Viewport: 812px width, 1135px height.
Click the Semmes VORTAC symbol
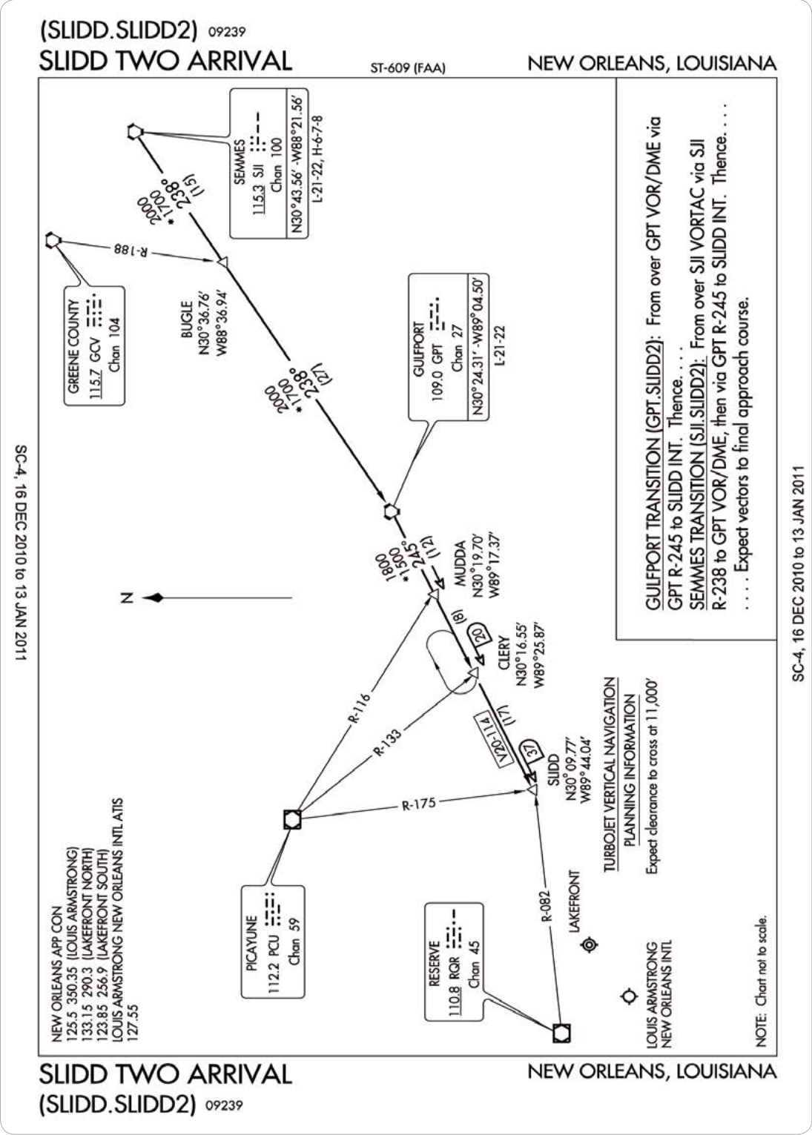tap(134, 132)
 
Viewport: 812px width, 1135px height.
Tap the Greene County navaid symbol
tap(52, 239)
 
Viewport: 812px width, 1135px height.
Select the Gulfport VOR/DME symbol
tap(390, 512)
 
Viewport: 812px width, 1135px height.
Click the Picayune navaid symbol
tap(292, 819)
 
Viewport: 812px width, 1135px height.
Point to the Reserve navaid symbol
tap(561, 1033)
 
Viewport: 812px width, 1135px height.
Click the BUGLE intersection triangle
tap(223, 262)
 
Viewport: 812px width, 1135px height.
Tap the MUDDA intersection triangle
tap(433, 594)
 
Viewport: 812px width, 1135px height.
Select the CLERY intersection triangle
tap(473, 672)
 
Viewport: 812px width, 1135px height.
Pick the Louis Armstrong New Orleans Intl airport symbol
tap(630, 996)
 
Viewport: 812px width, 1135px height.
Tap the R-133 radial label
tap(387, 742)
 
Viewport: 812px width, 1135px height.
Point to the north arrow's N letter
tap(127, 598)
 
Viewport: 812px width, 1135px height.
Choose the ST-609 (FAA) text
tap(408, 68)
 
